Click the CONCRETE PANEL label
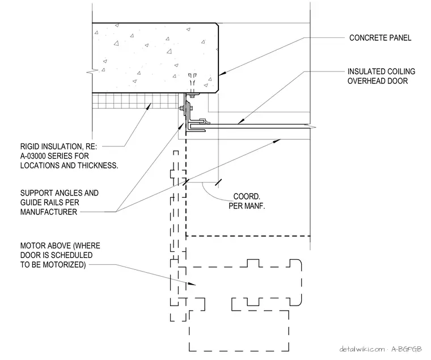pyautogui.click(x=380, y=37)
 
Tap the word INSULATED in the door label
pyautogui.click(x=364, y=71)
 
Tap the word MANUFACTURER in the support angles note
pyautogui.click(x=49, y=212)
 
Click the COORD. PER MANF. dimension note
pyautogui.click(x=247, y=201)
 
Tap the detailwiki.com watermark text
pyautogui.click(x=362, y=349)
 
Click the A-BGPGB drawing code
pyautogui.click(x=407, y=349)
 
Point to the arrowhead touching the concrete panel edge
pyautogui.click(x=223, y=73)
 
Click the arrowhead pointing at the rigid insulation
pyautogui.click(x=149, y=106)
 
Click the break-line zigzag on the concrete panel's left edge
pyautogui.click(x=92, y=71)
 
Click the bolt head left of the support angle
pyautogui.click(x=181, y=108)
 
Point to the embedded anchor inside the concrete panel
pyautogui.click(x=192, y=82)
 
